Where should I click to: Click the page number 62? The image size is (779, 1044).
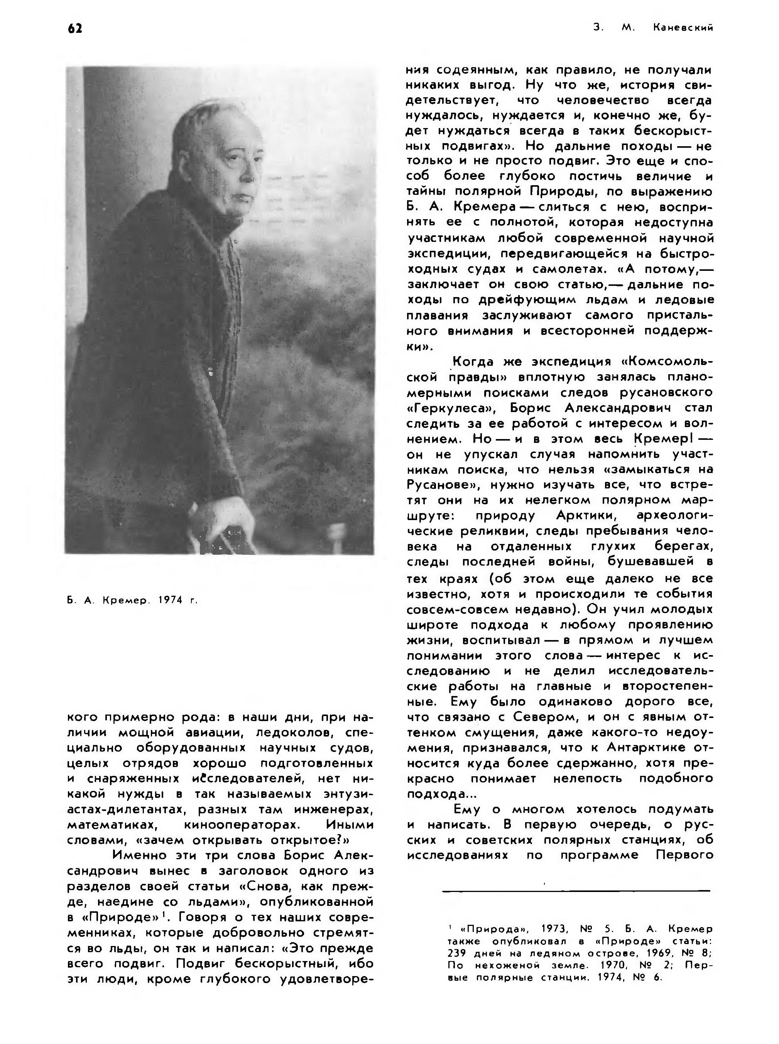pos(75,28)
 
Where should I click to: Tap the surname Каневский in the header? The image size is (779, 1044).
pos(683,28)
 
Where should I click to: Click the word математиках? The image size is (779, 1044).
pos(112,825)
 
